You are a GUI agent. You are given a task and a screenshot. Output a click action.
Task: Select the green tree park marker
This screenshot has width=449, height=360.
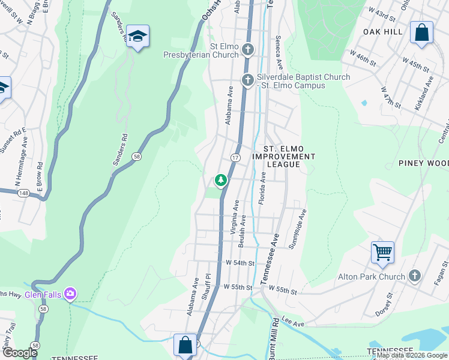point(221,179)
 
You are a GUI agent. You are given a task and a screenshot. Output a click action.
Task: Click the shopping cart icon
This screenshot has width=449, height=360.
point(382,251)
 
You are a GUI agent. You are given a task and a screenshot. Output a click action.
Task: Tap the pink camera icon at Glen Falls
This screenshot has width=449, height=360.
point(71,293)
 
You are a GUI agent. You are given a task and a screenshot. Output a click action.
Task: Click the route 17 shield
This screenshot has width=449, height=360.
point(236,157)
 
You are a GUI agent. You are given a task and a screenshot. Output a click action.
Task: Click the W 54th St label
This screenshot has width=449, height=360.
point(241,263)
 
